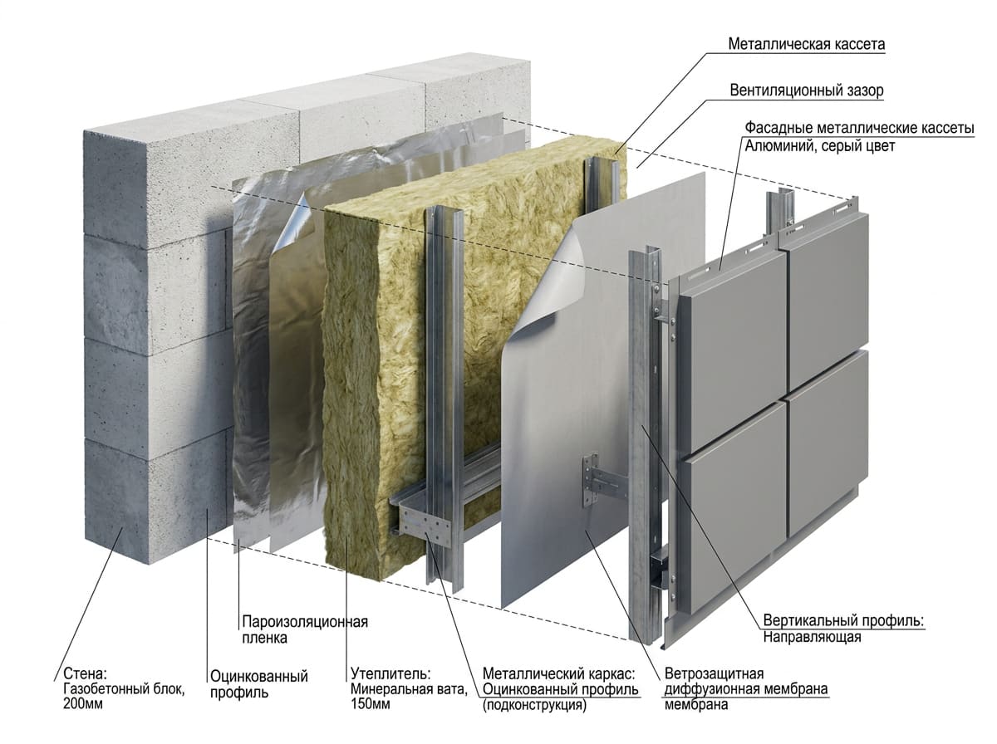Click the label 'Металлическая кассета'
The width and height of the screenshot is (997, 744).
pyautogui.click(x=806, y=44)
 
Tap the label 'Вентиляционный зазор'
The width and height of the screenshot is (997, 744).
pyautogui.click(x=807, y=91)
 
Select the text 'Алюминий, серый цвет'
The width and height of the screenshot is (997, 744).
pyautogui.click(x=819, y=146)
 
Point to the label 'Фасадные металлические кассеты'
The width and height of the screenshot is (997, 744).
pyautogui.click(x=859, y=128)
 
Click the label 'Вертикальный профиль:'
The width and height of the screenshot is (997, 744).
pyautogui.click(x=843, y=620)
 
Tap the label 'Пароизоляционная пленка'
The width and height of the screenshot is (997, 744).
pyautogui.click(x=305, y=629)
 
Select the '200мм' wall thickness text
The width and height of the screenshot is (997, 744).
pyautogui.click(x=83, y=703)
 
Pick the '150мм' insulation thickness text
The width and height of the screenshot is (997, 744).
pyautogui.click(x=371, y=703)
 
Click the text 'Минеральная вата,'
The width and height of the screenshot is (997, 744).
pyautogui.click(x=409, y=689)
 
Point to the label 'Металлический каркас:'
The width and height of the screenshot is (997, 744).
pyautogui.click(x=558, y=673)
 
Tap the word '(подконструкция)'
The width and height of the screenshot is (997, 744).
pyautogui.click(x=534, y=704)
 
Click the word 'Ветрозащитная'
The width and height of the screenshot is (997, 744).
pyautogui.click(x=714, y=673)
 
